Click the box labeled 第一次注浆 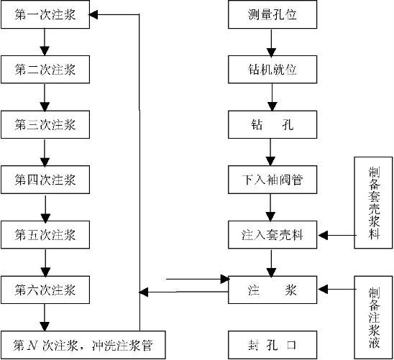(45, 14)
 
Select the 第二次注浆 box (45, 69)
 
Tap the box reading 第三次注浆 (45, 124)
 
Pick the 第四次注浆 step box (45, 180)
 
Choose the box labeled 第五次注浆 (45, 235)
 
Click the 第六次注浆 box (45, 290)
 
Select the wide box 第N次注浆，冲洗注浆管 (83, 345)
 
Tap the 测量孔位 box (272, 14)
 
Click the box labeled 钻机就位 (272, 69)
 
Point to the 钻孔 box (272, 124)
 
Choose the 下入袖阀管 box (272, 180)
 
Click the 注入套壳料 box (272, 235)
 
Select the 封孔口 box (272, 345)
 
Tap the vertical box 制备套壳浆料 (373, 203)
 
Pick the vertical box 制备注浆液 (373, 318)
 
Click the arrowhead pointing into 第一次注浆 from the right (93, 14)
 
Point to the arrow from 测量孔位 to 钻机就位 (271, 43)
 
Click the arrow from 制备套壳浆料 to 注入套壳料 (336, 236)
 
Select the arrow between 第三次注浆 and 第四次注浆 (45, 153)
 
